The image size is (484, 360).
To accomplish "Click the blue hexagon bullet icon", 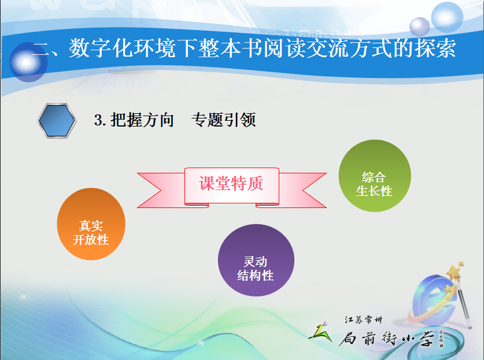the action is coord(57,121).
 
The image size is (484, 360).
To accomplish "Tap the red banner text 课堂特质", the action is coord(231,184).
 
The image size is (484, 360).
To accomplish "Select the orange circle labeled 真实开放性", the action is coord(91,224).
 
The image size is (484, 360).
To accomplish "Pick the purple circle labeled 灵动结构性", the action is coord(256,260).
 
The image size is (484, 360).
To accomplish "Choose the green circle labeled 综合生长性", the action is coord(375,176).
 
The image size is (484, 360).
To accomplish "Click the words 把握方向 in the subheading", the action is coord(142,120).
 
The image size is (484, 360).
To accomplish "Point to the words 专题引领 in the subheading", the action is coord(223,120).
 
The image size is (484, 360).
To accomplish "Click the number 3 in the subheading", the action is coord(99,120).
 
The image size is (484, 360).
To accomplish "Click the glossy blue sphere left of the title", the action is coord(28,62).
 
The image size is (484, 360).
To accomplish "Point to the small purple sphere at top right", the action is coord(419,27).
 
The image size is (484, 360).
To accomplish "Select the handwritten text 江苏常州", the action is coord(363,320).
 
